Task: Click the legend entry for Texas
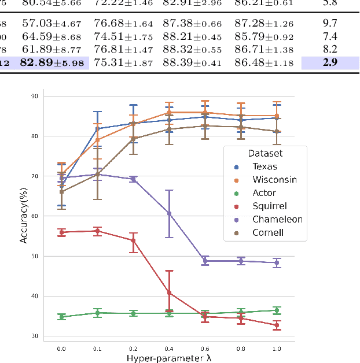click(264, 166)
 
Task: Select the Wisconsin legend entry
click(274, 180)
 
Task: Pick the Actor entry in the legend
click(264, 193)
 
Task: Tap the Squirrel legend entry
click(269, 206)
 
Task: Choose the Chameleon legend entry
click(277, 220)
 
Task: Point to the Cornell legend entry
click(267, 233)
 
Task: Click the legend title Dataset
click(265, 153)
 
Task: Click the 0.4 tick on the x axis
click(169, 348)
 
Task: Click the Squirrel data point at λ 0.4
click(169, 292)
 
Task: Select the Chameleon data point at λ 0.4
click(169, 213)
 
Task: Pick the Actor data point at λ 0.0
click(61, 317)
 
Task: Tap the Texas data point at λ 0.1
click(97, 128)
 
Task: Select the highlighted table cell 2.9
click(330, 62)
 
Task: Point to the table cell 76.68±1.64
click(120, 24)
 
